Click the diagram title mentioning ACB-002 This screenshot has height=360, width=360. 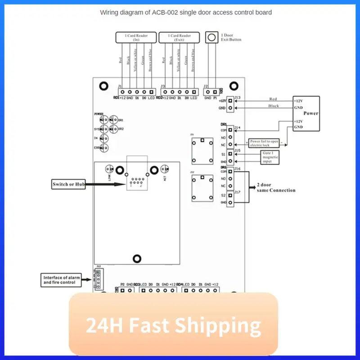(x=185, y=13)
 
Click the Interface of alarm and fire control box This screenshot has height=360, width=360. (x=61, y=280)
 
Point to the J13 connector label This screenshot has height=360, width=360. (x=238, y=98)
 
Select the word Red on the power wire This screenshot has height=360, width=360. (x=273, y=99)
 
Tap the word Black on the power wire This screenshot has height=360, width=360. (x=274, y=106)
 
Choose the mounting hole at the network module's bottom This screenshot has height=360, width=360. (x=136, y=258)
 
